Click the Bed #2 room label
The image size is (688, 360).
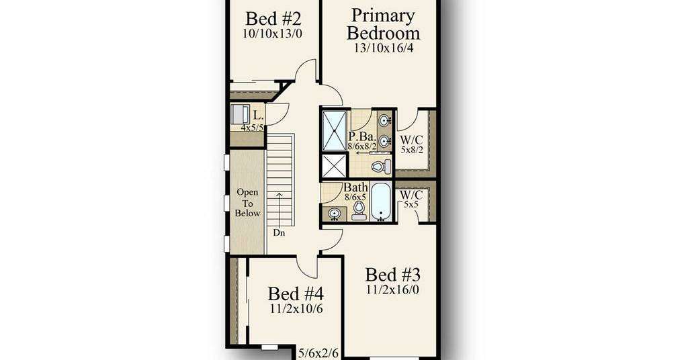click(x=273, y=19)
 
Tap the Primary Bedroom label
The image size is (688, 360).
click(x=383, y=24)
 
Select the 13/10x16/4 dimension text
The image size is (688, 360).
click(x=384, y=48)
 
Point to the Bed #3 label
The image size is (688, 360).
click(x=392, y=275)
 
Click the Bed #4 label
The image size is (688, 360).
click(x=296, y=294)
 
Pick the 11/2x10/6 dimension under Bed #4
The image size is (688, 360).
click(x=296, y=309)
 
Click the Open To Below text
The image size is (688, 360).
click(x=247, y=203)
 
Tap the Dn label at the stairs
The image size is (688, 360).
click(x=279, y=233)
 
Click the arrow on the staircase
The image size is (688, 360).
click(x=279, y=208)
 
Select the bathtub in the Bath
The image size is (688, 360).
click(x=380, y=202)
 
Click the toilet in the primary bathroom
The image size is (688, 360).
click(x=381, y=166)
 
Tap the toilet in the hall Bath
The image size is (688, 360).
click(x=359, y=211)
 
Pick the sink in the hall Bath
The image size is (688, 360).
click(x=335, y=214)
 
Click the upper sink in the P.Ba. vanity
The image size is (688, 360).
click(x=385, y=120)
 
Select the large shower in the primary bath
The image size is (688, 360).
click(x=335, y=131)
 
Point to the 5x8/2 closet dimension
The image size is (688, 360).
click(x=412, y=150)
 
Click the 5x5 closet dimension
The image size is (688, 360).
click(x=411, y=204)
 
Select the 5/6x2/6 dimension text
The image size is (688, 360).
click(x=318, y=353)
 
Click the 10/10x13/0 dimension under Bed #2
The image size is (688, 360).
click(x=273, y=34)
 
